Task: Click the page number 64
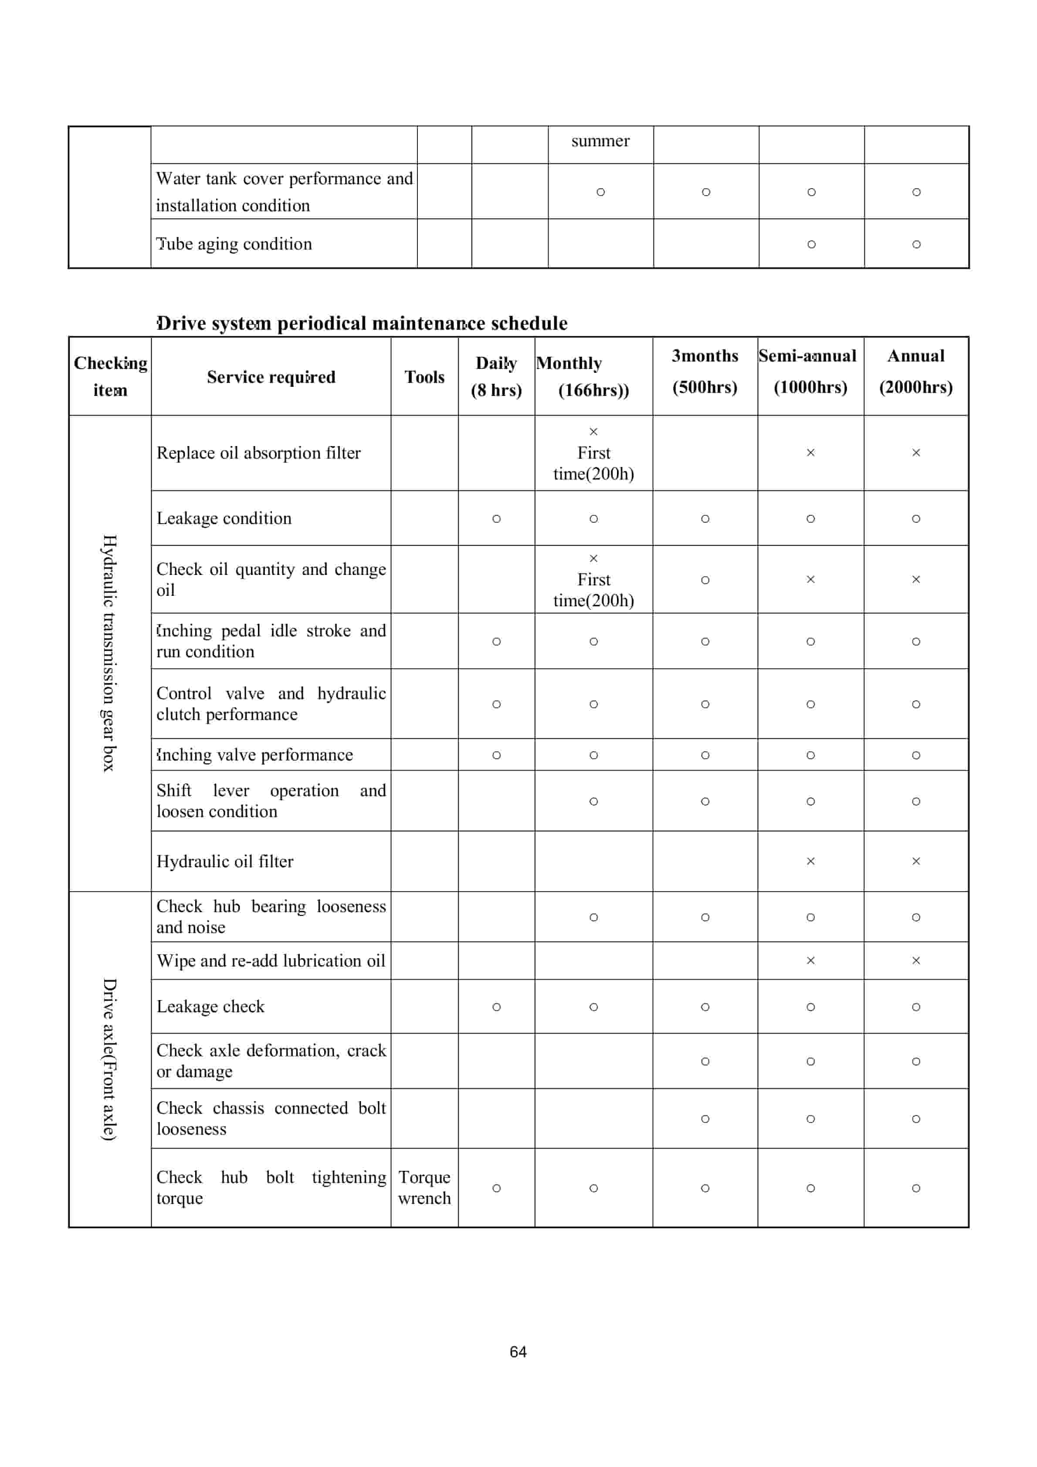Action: coord(518,1351)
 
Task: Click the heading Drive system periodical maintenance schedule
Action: coord(362,323)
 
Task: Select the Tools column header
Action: coord(424,377)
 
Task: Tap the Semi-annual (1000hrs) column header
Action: coord(810,372)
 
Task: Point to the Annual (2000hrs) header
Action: coord(915,372)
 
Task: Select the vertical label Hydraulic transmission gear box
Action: coord(109,653)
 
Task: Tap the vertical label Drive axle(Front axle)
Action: coord(109,1059)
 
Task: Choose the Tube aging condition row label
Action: coord(234,244)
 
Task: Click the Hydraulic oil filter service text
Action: coord(225,861)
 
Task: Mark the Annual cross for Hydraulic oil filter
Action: coord(915,861)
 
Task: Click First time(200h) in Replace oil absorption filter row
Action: coord(593,463)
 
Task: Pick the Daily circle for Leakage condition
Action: coord(496,519)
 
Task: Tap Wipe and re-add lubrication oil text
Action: coord(271,961)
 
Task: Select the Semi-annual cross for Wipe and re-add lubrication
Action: coord(810,961)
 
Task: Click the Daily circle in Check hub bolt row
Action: coord(496,1188)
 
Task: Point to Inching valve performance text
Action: coord(254,755)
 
